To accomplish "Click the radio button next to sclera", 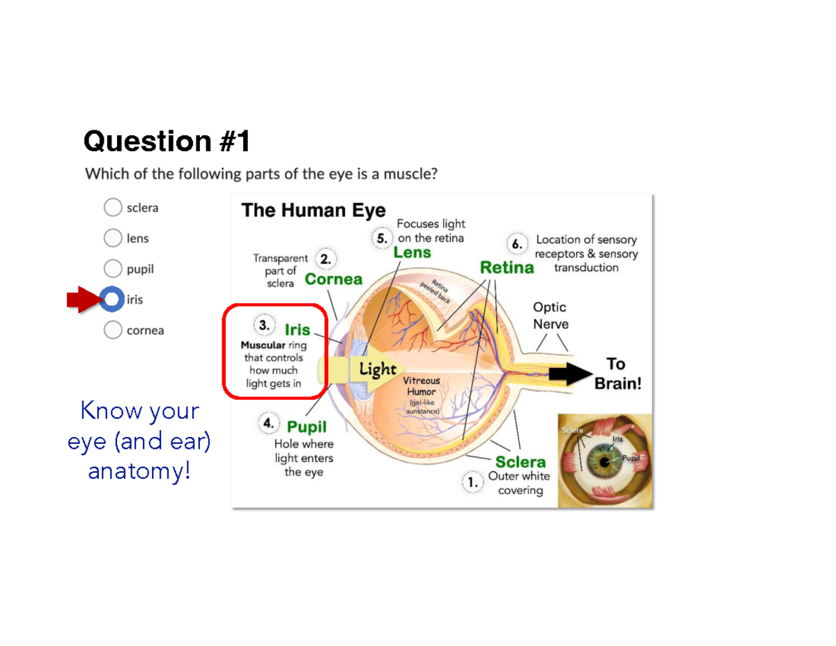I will [112, 208].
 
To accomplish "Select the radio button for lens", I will [112, 238].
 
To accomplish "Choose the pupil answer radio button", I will [112, 269].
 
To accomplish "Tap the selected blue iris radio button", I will [111, 300].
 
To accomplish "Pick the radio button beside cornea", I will [112, 330].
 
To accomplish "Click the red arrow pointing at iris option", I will [84, 300].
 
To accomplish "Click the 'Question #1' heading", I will [167, 141].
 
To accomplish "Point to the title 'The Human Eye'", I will [313, 210].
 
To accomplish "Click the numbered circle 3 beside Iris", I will [264, 325].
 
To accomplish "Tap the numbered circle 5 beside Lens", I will [382, 238].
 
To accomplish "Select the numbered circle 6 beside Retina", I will [516, 245].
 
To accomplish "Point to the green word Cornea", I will [334, 279].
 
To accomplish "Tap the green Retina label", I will [506, 268].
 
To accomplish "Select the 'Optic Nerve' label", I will [550, 315].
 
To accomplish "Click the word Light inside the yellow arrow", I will [377, 369].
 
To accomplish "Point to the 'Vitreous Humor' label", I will [421, 386].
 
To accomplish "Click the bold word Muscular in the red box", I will [263, 345].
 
